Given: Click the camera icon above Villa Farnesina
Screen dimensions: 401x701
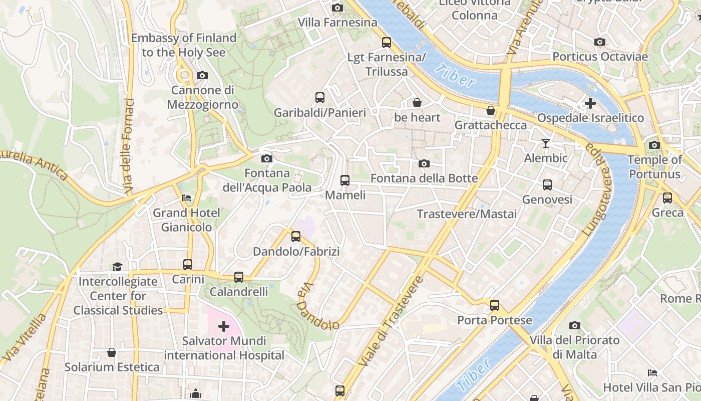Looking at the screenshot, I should pyautogui.click(x=337, y=8).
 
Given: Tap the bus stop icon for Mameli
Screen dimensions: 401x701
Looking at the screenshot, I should pyautogui.click(x=344, y=180).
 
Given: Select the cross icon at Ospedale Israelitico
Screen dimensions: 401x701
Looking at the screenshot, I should pyautogui.click(x=590, y=103).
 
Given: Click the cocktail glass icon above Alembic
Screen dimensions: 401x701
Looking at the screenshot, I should pyautogui.click(x=546, y=143).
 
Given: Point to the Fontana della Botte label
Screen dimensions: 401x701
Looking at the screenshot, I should pyautogui.click(x=424, y=178).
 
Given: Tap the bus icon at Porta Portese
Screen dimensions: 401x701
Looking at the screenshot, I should pyautogui.click(x=495, y=305).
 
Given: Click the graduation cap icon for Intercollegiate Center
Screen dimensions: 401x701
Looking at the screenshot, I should pyautogui.click(x=117, y=267).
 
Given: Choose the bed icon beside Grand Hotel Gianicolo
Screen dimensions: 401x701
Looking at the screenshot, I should pyautogui.click(x=186, y=198).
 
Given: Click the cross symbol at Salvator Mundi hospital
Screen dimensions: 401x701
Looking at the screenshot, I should pyautogui.click(x=224, y=327).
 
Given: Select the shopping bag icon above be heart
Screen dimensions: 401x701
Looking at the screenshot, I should pyautogui.click(x=417, y=103).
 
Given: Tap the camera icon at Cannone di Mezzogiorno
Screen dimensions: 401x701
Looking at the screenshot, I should pyautogui.click(x=202, y=76).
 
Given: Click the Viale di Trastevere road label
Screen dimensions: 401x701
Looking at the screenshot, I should pyautogui.click(x=390, y=321).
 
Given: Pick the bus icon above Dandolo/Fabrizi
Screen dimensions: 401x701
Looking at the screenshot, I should pyautogui.click(x=296, y=236).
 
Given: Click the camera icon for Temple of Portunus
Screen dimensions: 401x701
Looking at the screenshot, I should pyautogui.click(x=654, y=145).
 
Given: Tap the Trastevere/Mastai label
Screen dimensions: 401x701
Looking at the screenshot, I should pyautogui.click(x=467, y=214).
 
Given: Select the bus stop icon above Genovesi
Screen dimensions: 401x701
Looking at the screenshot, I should pyautogui.click(x=547, y=184).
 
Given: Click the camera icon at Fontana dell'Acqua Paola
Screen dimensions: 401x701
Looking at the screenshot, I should pyautogui.click(x=267, y=159).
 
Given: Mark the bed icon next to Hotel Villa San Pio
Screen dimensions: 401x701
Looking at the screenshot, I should pyautogui.click(x=652, y=372).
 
